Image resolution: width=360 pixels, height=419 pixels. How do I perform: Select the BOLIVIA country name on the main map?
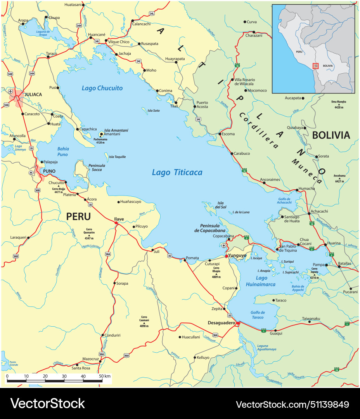[x=331, y=135]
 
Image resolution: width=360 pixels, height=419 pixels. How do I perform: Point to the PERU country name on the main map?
[x=78, y=216]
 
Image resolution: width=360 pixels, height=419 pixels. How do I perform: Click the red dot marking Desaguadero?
[x=238, y=323]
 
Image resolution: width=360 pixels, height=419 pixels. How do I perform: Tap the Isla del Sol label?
[x=221, y=205]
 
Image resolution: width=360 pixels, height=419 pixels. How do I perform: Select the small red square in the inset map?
[x=315, y=66]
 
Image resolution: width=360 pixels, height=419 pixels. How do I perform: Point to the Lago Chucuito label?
[x=102, y=88]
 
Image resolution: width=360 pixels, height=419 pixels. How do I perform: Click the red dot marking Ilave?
[x=116, y=223]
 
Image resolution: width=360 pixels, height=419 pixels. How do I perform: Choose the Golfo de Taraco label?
[x=258, y=315]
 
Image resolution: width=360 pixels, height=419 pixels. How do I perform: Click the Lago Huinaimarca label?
[x=261, y=281]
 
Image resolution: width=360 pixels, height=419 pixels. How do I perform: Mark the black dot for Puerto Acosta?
[x=194, y=107]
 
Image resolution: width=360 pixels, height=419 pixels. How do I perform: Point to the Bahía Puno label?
[x=62, y=151]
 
